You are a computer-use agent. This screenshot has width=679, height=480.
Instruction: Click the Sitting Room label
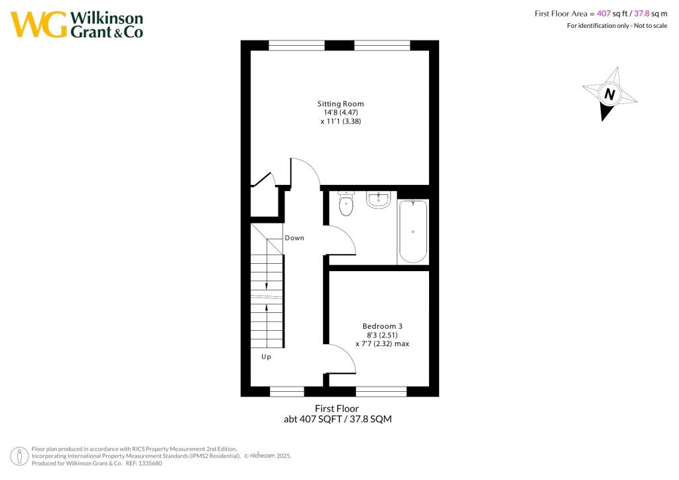(340, 104)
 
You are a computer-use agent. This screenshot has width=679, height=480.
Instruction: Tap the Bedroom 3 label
(382, 326)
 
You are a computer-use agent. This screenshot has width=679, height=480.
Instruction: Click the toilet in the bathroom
(346, 205)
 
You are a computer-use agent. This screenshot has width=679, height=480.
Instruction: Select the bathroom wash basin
(379, 200)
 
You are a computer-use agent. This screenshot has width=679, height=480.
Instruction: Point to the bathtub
(413, 231)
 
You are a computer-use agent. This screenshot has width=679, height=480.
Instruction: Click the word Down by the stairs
(294, 238)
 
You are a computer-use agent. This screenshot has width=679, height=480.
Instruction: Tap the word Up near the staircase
(266, 357)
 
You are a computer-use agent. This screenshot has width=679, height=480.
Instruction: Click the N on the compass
(609, 94)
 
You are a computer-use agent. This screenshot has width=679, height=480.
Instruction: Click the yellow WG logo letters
(38, 25)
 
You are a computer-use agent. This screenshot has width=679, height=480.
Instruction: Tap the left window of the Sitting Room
(296, 45)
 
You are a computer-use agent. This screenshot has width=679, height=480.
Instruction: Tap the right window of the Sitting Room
(382, 45)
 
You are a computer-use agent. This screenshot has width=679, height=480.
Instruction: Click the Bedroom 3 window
(381, 392)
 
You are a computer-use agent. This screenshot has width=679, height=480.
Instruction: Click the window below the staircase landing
(287, 392)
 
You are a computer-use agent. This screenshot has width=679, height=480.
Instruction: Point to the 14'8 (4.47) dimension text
(340, 113)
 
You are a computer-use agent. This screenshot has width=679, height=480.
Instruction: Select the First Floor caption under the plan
(339, 409)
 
